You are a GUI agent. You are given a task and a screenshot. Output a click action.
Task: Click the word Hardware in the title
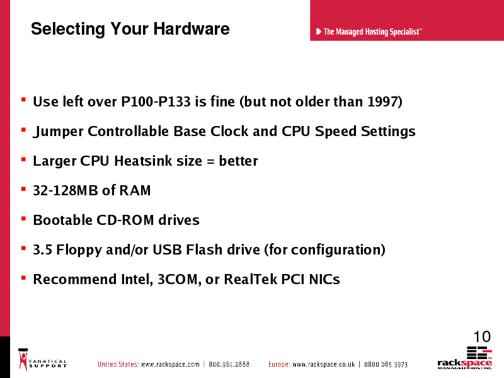tap(192, 28)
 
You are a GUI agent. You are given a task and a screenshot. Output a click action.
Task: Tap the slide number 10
tap(482, 336)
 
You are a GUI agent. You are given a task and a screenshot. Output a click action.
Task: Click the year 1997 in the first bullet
tap(382, 101)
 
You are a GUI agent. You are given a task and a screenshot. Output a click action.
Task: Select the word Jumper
tap(58, 132)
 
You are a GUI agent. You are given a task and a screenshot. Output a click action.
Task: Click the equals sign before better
tap(210, 161)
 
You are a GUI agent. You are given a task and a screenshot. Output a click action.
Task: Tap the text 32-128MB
tap(66, 190)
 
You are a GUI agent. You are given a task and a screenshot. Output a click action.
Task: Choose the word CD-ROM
tap(125, 220)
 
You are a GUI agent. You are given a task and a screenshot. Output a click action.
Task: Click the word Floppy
tap(79, 250)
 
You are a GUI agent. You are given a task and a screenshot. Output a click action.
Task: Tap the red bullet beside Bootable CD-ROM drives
tap(23, 219)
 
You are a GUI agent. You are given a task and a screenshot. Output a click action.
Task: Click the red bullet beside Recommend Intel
tap(23, 278)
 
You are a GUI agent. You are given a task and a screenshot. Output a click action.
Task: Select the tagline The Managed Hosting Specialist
tap(372, 32)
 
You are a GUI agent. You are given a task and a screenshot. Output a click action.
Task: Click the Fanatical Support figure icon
tap(23, 360)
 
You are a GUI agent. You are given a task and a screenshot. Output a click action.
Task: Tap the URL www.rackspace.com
tap(170, 364)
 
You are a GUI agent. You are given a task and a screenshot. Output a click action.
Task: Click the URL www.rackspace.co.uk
tap(324, 364)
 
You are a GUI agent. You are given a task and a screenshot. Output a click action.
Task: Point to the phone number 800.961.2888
tap(229, 364)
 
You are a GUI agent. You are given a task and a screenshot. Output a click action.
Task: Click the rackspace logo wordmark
tap(464, 364)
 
